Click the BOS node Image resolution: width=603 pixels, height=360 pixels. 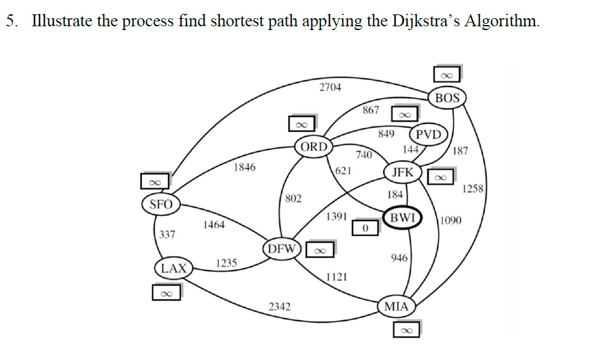coord(447,98)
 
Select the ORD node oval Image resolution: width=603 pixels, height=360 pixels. coord(313,147)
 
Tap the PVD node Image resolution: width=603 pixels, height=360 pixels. coord(428,135)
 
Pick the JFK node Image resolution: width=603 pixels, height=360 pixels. coord(402,172)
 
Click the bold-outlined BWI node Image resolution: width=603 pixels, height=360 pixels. coord(402,217)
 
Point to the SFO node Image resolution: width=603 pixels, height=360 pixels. coord(161,204)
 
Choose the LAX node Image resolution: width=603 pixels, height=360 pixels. coord(173,269)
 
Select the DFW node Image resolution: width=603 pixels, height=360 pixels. coord(282,249)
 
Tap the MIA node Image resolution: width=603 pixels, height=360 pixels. coord(396,306)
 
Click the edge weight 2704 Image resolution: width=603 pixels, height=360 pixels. coord(330,87)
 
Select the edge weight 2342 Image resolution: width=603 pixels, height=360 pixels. coord(279,306)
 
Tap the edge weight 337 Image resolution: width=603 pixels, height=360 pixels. coord(167,235)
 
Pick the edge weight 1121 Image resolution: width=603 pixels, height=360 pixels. coord(337,277)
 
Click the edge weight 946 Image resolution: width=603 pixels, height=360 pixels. coord(399,258)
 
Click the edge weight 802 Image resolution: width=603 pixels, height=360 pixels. coord(293,198)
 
